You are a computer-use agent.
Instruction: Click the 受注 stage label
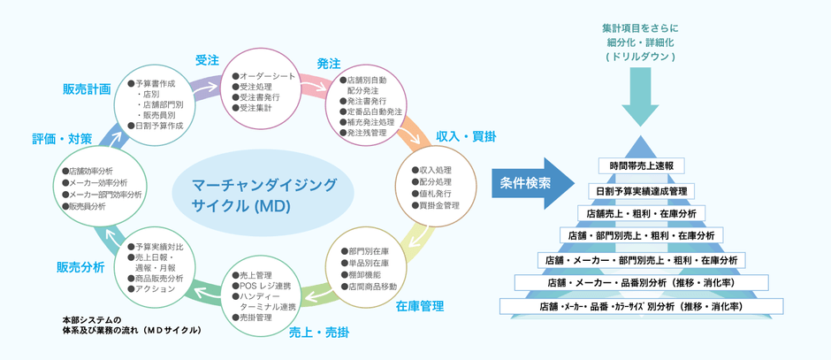[207, 60]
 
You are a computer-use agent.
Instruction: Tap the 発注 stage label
[329, 64]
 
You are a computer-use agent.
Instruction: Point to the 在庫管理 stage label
[419, 306]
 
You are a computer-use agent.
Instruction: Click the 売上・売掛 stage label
[319, 333]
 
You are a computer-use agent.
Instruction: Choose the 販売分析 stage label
[80, 267]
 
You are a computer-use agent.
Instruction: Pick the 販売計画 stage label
[87, 89]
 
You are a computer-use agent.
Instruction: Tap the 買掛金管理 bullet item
[438, 205]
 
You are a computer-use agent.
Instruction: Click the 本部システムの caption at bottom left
[91, 318]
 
